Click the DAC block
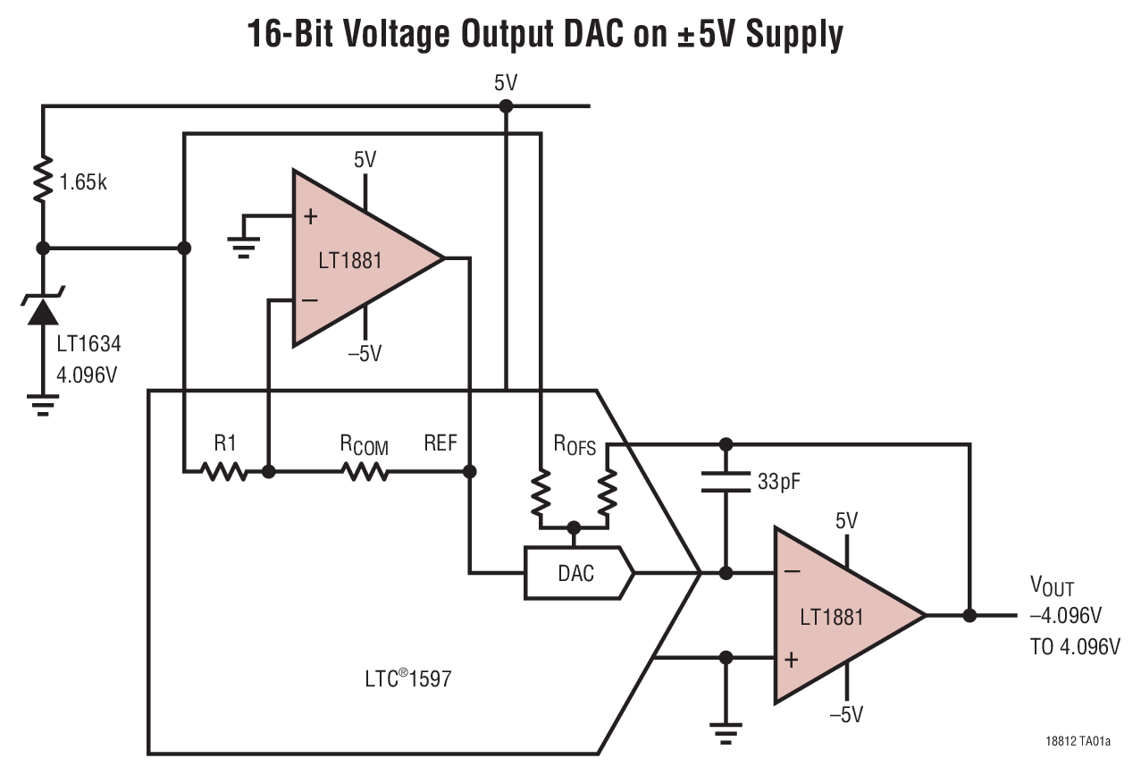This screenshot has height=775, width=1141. tap(577, 573)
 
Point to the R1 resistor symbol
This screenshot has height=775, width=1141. tap(223, 471)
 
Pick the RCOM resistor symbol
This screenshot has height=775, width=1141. tap(365, 471)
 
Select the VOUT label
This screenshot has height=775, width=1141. tap(1052, 587)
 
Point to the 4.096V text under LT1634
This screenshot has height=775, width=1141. tap(87, 375)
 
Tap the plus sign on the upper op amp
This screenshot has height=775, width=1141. tap(310, 215)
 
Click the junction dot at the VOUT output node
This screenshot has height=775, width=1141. tap(969, 615)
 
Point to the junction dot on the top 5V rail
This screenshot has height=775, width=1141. tap(506, 106)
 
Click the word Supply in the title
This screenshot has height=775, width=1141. tap(793, 36)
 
